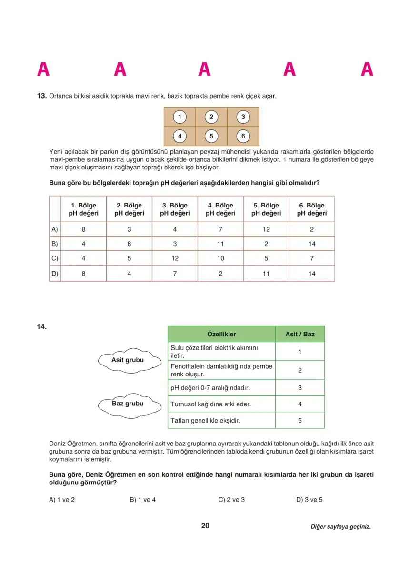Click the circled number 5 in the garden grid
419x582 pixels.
coord(211,136)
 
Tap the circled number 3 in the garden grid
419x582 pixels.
coord(243,117)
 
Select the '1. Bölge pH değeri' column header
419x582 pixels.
coord(83,209)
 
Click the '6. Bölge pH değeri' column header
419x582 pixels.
coord(312,209)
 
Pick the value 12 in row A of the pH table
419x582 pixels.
coord(266,229)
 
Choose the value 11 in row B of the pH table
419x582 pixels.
coord(220,244)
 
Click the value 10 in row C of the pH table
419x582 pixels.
coord(220,259)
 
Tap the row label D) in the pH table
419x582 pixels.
coord(55,274)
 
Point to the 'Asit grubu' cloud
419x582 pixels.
coord(127,360)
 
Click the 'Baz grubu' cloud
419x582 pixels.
coord(127,404)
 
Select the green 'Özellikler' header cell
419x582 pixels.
coord(221,334)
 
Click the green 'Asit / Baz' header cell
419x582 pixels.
coord(300,334)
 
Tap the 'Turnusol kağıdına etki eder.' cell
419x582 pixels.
coord(221,404)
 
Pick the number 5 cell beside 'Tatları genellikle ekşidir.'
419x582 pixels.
coord(300,421)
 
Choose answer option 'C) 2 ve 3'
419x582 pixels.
coord(231,500)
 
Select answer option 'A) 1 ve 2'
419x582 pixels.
coord(62,500)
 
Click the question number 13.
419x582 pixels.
coord(42,96)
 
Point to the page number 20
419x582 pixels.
coord(205,526)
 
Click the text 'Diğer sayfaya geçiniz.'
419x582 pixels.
coord(340,527)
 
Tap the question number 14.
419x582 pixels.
coord(42,326)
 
